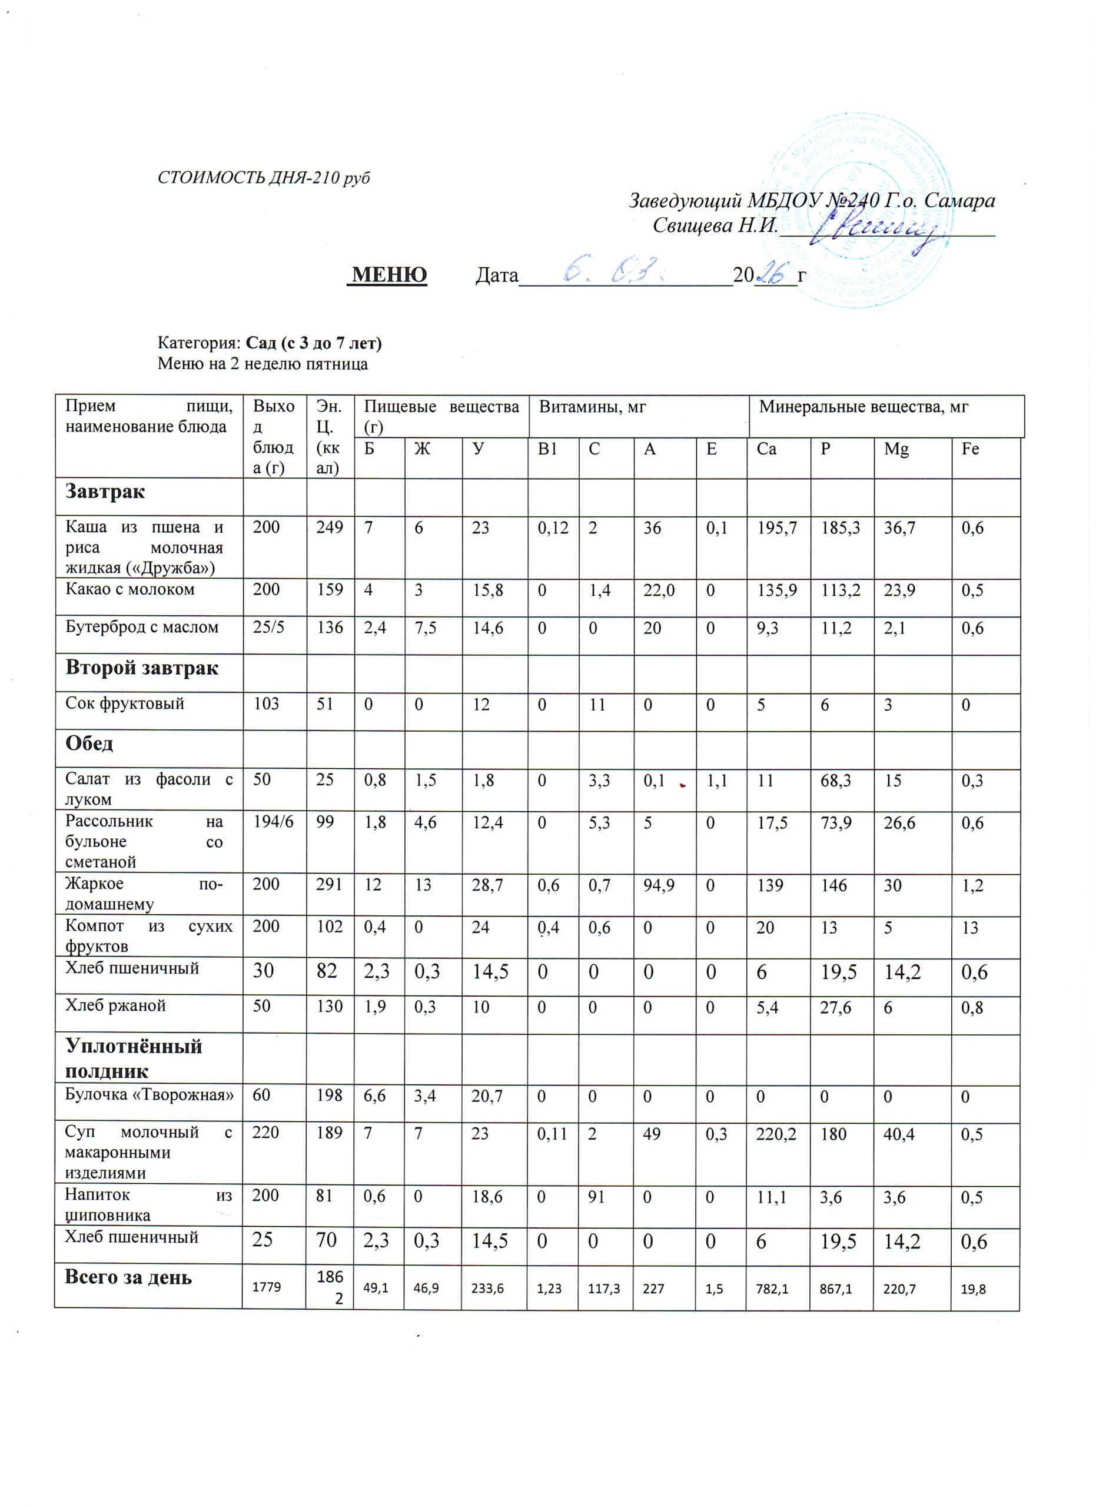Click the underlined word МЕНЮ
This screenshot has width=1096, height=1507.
coord(388,274)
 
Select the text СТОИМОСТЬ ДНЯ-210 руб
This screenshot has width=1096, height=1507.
coord(264,178)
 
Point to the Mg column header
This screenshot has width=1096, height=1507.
coord(896,449)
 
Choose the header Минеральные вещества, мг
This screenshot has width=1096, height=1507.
coord(863,407)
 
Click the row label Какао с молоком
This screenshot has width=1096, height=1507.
coord(129,589)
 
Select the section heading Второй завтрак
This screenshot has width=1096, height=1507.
coord(141,668)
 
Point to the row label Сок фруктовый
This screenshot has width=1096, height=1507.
coord(125,703)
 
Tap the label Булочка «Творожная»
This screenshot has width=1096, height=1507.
coord(150,1094)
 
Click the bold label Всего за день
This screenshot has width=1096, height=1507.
coord(128,1277)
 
